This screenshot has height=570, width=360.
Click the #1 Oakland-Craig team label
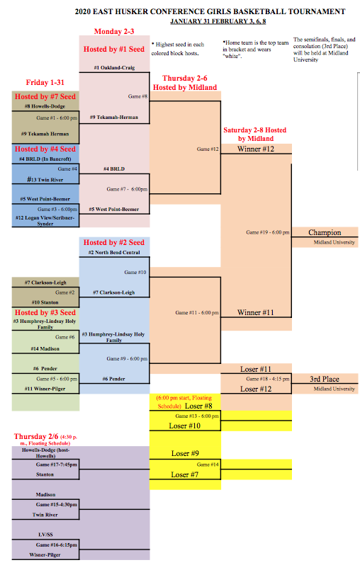(x=114, y=67)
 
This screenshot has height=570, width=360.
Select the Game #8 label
(x=137, y=96)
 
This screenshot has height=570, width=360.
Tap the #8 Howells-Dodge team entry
(x=45, y=106)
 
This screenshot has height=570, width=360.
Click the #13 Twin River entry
(x=45, y=180)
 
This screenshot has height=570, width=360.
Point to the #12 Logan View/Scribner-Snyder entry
(x=45, y=221)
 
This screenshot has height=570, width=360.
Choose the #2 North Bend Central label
(x=114, y=252)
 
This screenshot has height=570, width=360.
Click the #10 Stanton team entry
(x=45, y=302)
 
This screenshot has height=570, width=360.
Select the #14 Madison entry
(x=45, y=348)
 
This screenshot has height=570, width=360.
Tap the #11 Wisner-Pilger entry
(x=45, y=389)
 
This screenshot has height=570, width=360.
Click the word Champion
(x=325, y=232)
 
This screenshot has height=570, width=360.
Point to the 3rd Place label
(x=325, y=379)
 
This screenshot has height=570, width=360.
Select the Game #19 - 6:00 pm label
(x=268, y=232)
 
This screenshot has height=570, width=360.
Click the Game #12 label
(x=208, y=149)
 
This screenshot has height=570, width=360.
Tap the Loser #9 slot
(x=185, y=453)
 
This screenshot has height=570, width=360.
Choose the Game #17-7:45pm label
(x=57, y=464)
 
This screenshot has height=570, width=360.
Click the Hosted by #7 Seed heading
(x=45, y=96)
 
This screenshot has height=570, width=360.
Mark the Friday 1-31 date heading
(x=45, y=83)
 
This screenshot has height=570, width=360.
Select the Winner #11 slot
(x=256, y=312)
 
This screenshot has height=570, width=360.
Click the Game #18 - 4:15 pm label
(x=268, y=379)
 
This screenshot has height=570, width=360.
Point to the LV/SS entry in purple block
(x=45, y=535)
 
